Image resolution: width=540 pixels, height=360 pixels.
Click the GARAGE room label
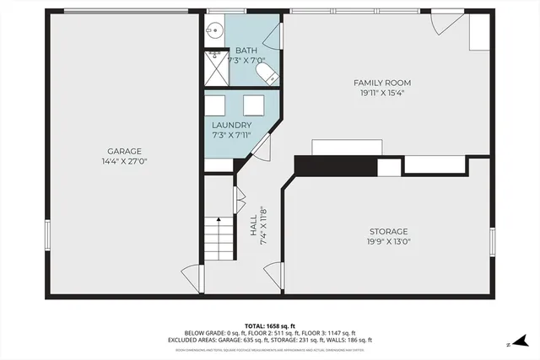click(123, 151)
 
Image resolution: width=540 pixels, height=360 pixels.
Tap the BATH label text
click(246, 51)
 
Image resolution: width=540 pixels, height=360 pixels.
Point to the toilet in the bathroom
click(267, 77)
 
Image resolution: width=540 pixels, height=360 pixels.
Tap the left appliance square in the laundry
click(216, 105)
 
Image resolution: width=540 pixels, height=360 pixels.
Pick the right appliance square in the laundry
click(253, 105)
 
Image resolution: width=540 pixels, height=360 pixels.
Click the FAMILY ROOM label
click(381, 82)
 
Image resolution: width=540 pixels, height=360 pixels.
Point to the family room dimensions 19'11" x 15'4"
click(381, 93)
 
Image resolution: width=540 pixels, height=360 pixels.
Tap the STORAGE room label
click(388, 231)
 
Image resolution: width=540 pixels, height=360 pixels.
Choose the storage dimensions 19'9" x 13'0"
click(388, 241)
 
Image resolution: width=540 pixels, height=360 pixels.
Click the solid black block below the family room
click(335, 165)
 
